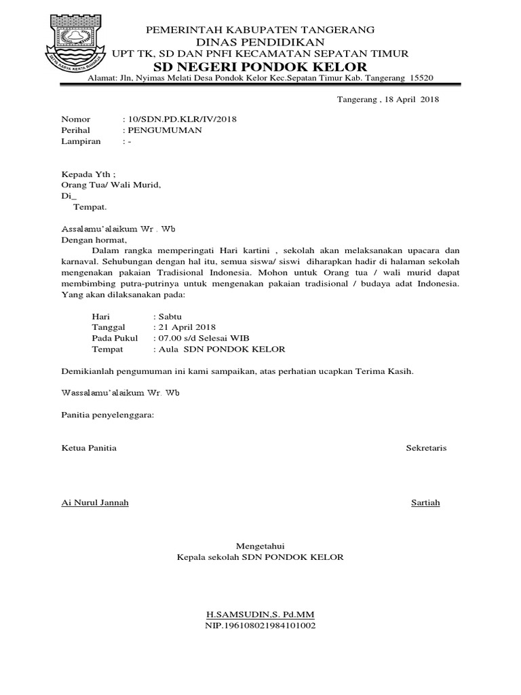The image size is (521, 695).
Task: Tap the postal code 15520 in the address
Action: click(421, 79)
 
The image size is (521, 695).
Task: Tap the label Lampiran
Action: click(81, 141)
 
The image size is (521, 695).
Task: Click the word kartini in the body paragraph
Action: click(264, 250)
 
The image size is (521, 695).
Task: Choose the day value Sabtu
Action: click(170, 316)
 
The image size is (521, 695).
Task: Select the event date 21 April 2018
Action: click(187, 327)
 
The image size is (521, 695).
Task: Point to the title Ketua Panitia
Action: click(89, 448)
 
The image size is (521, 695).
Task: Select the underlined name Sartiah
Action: click(425, 502)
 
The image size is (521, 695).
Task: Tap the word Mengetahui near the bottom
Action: click(260, 546)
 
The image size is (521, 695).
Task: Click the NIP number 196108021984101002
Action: click(260, 626)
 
